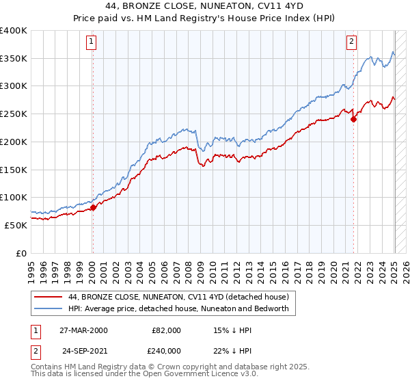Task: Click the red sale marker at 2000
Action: tap(93, 207)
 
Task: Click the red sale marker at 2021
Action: tap(354, 119)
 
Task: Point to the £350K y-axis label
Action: tap(13, 59)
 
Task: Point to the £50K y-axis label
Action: tap(16, 225)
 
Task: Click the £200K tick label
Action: tap(13, 142)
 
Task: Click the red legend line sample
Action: tap(49, 297)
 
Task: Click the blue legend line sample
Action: tap(49, 308)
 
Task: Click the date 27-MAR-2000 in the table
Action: tap(83, 330)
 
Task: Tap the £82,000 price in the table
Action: tap(166, 330)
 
